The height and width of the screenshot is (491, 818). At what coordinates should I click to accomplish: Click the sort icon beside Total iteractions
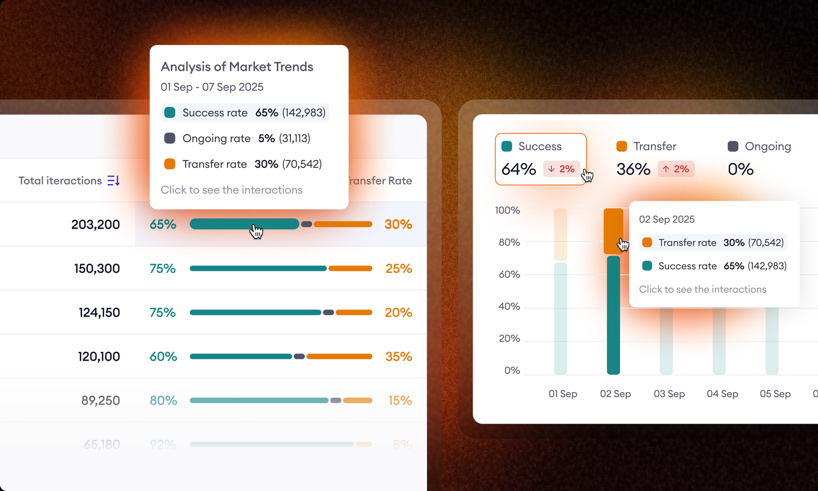[x=114, y=181]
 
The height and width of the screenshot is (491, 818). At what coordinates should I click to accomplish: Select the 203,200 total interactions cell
[x=95, y=225]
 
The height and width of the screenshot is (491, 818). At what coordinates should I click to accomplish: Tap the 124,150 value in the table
[x=99, y=313]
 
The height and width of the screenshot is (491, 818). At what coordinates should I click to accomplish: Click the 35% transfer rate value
[x=399, y=357]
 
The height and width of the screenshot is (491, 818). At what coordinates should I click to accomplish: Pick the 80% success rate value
[x=163, y=401]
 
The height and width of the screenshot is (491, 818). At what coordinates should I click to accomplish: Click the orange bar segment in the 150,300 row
[x=350, y=268]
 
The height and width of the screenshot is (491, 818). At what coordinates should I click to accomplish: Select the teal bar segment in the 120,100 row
[x=240, y=357]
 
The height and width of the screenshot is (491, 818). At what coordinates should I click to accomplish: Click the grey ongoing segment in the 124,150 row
[x=328, y=313]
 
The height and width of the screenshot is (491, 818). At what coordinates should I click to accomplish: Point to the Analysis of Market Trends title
[x=237, y=67]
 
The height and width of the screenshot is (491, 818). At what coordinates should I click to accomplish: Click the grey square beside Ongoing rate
[x=170, y=138]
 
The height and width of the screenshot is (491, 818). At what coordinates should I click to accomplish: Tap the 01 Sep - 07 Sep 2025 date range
[x=212, y=87]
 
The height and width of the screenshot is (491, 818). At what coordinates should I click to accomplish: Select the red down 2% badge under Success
[x=561, y=169]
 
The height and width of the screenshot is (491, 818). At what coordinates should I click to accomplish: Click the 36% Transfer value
[x=633, y=170]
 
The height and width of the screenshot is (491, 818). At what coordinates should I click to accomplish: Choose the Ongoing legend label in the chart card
[x=768, y=146]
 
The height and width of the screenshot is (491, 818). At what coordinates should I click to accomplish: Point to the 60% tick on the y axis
[x=509, y=274]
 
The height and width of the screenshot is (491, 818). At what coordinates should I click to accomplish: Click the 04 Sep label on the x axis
[x=722, y=394]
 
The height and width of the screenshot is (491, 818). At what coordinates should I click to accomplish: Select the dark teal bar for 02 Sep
[x=613, y=319]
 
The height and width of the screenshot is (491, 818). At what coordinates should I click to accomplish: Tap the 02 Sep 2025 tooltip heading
[x=666, y=220]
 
